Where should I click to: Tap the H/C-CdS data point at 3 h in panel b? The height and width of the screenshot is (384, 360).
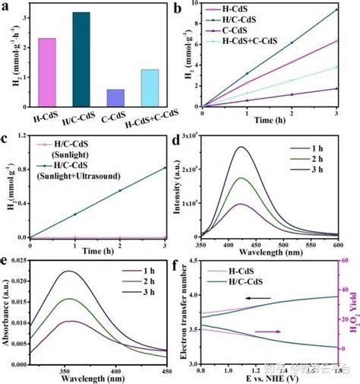[336, 10]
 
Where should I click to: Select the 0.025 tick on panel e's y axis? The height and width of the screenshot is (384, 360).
[23, 263]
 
